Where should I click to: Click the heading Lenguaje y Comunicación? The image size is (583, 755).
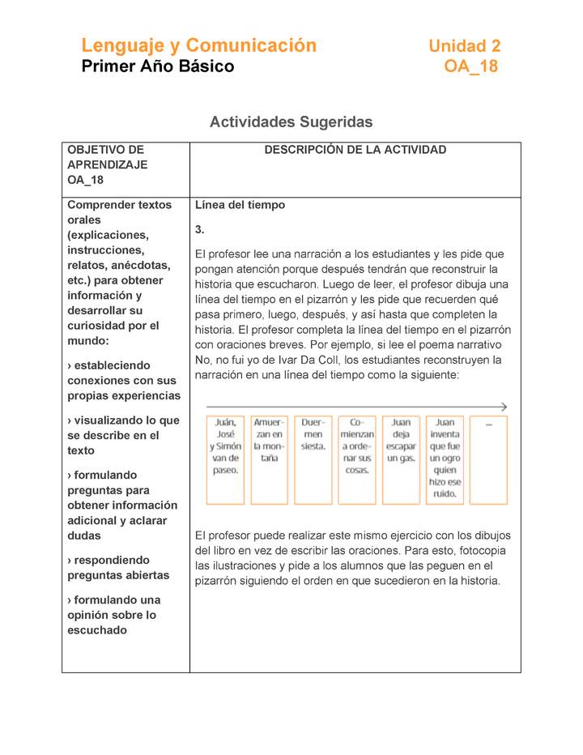198,46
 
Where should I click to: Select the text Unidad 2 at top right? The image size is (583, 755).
464,47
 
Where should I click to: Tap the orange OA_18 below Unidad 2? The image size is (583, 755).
470,67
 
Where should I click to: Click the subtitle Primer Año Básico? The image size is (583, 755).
157,67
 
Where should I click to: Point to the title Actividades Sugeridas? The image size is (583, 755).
291,122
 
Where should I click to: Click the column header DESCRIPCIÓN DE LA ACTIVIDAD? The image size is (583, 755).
355,150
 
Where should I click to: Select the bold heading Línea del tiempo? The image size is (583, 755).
240,205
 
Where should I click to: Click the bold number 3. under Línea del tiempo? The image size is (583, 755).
200,229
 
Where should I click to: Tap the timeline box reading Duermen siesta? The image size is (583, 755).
313,459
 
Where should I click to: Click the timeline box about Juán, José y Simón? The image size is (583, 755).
225,459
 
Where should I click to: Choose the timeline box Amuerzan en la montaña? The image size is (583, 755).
269,459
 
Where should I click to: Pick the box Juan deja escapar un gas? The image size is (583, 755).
401,459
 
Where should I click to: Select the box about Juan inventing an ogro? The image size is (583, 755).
445,459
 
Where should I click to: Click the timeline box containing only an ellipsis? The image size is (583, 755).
488,459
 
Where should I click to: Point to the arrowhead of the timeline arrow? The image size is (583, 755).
504,407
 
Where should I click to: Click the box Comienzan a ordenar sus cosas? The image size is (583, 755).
357,459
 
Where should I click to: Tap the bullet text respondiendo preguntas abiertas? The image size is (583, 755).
118,568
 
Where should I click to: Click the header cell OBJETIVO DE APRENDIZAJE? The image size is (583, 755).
107,164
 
